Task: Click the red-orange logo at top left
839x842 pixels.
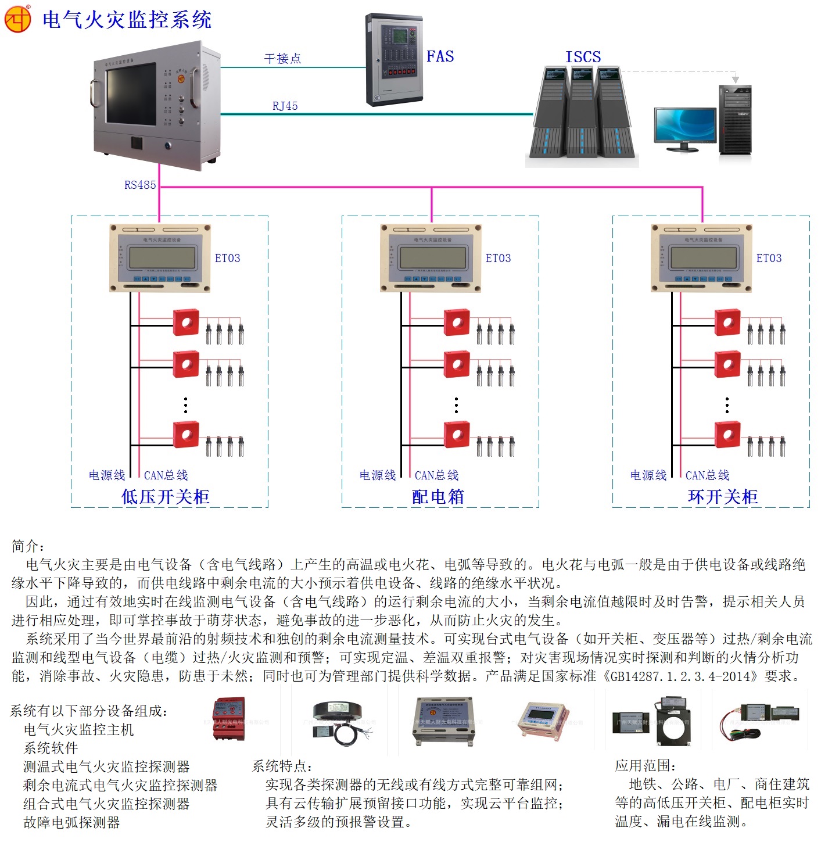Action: pos(17,19)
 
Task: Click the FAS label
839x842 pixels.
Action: pos(440,56)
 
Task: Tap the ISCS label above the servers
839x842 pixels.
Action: pos(583,57)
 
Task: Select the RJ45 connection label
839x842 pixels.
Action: pos(285,106)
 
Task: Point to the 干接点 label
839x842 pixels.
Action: pos(282,59)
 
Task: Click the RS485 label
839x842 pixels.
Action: pos(140,185)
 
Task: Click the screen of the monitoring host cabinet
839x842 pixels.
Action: pos(131,94)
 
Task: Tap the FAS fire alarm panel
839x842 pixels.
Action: pos(394,59)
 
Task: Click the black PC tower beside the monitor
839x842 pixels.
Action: pos(735,120)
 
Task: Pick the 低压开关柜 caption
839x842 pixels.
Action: pos(165,496)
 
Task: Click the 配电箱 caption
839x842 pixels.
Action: pos(438,496)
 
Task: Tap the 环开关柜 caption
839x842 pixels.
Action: pos(722,496)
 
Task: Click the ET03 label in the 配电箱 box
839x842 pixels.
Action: pos(498,258)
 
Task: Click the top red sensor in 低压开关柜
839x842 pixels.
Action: pos(186,323)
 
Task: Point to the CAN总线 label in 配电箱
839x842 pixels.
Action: pos(436,475)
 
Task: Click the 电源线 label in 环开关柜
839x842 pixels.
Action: pos(648,475)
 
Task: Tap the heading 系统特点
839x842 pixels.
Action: pos(282,766)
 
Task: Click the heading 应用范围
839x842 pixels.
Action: pos(645,765)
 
